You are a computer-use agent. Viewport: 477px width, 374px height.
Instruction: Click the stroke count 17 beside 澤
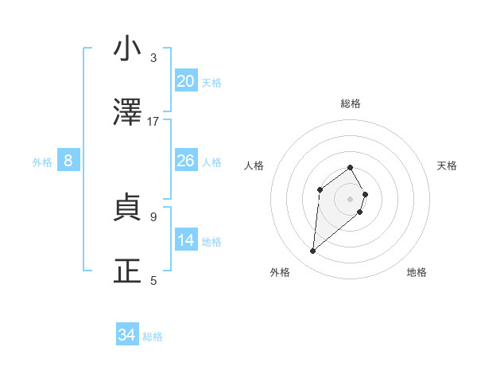153,122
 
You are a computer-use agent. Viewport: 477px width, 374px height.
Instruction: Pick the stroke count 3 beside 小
153,57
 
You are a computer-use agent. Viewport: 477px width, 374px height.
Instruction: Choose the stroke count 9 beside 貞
153,216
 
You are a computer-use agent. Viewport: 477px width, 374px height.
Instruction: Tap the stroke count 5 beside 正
153,280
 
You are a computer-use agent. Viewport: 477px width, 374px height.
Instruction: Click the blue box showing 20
186,81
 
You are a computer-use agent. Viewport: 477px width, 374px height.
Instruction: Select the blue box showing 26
186,161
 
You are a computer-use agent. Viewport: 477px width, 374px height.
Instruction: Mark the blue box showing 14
186,240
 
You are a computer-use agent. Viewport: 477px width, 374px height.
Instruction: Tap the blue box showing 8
68,161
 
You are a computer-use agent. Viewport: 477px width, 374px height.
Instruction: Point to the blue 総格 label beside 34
153,337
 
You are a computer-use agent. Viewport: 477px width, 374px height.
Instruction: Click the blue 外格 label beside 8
42,162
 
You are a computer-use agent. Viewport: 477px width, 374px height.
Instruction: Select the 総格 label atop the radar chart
350,103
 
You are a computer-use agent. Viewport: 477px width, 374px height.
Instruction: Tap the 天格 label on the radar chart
447,166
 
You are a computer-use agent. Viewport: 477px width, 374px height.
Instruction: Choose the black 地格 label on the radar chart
417,272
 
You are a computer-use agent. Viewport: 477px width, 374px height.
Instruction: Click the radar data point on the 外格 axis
312,251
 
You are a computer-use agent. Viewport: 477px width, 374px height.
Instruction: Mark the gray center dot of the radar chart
350,198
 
